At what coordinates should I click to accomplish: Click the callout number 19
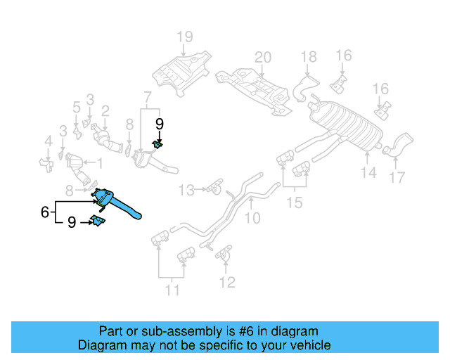pyautogui.click(x=184, y=37)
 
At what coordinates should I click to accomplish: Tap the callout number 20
pyautogui.click(x=262, y=57)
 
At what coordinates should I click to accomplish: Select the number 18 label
pyautogui.click(x=309, y=56)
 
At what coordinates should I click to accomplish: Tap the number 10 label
pyautogui.click(x=252, y=219)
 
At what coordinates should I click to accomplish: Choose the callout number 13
pyautogui.click(x=185, y=190)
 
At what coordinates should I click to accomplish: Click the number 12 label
pyautogui.click(x=226, y=283)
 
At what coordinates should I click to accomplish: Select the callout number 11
pyautogui.click(x=172, y=290)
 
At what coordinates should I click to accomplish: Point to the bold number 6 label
pyautogui.click(x=44, y=211)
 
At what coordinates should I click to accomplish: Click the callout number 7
pyautogui.click(x=147, y=96)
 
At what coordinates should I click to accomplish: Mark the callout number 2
pyautogui.click(x=105, y=110)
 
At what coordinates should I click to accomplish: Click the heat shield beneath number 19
pyautogui.click(x=181, y=71)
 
